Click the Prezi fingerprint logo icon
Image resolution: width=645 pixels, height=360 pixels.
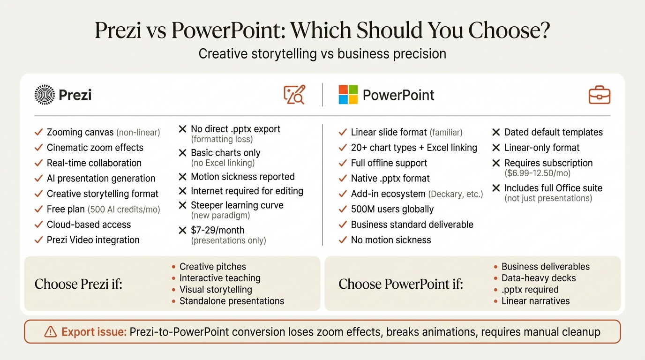45,95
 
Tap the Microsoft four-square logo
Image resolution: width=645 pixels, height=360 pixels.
348,95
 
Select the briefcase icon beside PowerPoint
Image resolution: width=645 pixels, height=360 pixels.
600,95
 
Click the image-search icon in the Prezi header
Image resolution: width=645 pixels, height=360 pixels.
294,95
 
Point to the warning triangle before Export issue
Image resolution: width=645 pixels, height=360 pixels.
50,332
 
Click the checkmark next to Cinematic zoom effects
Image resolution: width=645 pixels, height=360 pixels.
39,148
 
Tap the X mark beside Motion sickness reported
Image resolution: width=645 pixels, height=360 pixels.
183,177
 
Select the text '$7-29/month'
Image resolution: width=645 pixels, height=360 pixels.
217,230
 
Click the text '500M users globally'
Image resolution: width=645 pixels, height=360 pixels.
392,209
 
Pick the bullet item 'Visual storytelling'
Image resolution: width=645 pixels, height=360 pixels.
216,290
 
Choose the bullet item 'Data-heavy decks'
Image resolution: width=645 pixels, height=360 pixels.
539,278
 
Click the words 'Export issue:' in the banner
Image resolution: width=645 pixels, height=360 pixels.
94,332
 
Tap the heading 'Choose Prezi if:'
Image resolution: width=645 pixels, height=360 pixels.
78,284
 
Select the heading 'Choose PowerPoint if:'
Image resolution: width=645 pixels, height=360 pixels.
401,284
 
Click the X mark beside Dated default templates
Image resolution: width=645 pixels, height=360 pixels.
496,132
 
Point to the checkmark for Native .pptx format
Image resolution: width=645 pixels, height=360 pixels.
343,179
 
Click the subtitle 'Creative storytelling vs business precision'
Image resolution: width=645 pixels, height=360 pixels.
322,53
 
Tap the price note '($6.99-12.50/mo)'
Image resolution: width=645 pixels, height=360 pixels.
537,173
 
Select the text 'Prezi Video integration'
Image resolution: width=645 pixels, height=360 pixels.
93,240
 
